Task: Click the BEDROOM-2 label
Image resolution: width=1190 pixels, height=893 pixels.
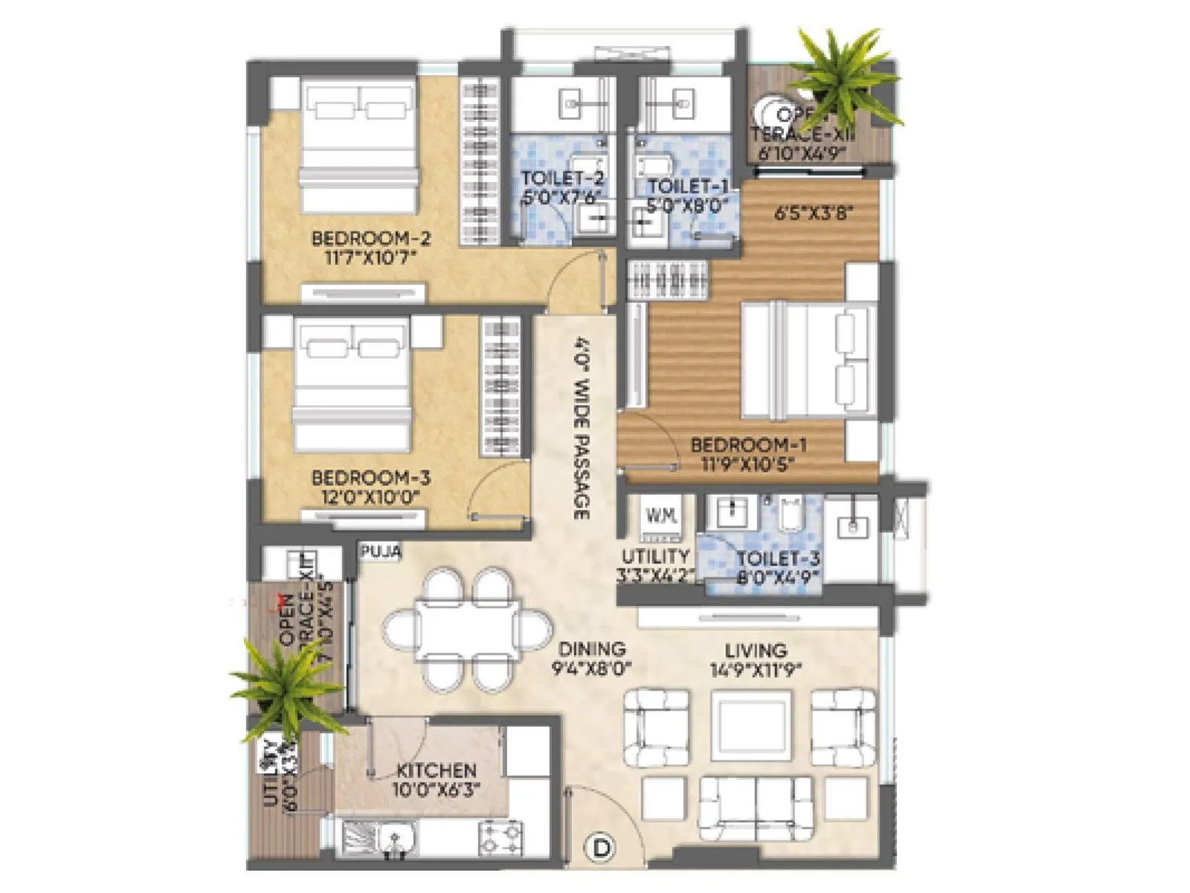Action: coord(370,239)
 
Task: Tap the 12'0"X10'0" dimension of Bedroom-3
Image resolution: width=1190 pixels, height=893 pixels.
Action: coord(366,496)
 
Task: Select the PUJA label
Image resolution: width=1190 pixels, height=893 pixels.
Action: coord(381,552)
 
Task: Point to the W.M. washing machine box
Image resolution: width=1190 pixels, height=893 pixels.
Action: coord(660,516)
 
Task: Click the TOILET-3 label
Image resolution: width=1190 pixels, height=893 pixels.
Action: coord(778,558)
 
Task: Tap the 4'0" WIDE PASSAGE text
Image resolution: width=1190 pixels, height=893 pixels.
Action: coord(582,428)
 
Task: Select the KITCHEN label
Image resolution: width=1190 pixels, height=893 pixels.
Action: coord(436,770)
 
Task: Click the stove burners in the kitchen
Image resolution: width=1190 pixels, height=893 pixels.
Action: coord(501,837)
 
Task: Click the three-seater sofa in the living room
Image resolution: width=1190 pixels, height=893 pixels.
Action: coord(756,807)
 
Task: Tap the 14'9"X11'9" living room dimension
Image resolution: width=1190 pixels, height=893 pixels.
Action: coord(755,670)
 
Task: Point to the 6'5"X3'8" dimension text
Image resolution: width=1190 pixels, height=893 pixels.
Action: coord(813,214)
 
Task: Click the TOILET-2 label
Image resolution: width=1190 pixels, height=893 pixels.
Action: coord(562,179)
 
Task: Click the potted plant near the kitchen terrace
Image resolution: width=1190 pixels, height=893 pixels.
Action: coord(286,688)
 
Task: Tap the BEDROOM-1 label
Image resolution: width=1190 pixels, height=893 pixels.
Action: coord(748,445)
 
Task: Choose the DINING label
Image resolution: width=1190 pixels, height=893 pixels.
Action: coord(592,649)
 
